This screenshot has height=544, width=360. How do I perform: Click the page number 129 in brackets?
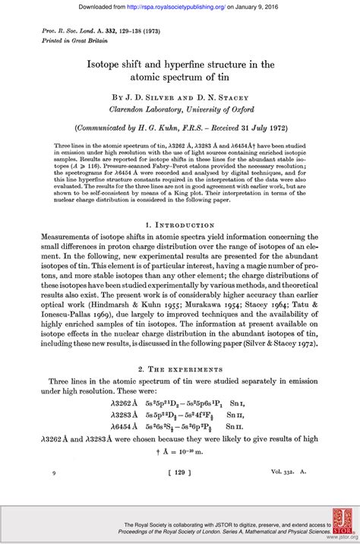[179, 473]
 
